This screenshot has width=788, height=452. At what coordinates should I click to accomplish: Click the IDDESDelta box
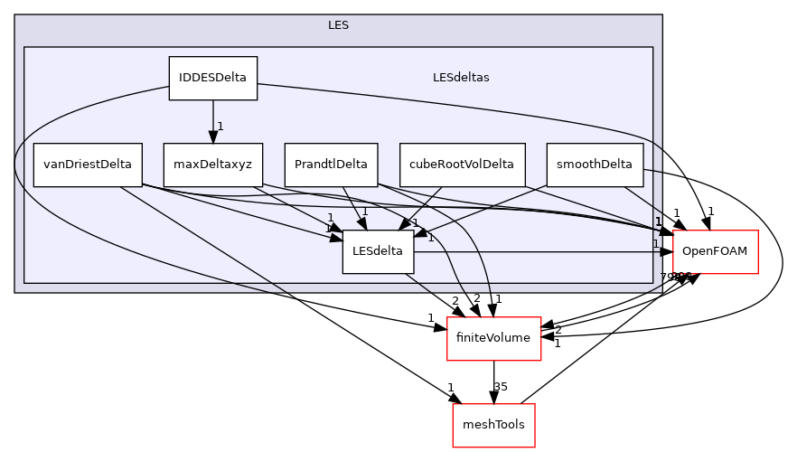coord(213,78)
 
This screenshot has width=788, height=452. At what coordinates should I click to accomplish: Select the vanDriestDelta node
coord(88,165)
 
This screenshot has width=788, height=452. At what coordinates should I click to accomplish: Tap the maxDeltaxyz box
coord(213,165)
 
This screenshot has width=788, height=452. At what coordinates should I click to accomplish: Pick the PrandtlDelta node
coord(332,165)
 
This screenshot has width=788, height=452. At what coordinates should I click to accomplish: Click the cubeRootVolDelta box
coord(462,165)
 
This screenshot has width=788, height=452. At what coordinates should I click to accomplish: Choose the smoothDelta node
coord(595,165)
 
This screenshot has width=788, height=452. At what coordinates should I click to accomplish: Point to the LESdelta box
coord(378,251)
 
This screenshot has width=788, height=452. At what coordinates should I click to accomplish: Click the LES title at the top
coord(338,25)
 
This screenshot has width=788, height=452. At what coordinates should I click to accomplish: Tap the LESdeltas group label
coord(461,78)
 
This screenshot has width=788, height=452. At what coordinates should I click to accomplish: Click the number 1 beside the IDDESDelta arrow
coord(220,126)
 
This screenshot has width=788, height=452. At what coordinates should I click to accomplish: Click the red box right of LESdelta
coord(715,252)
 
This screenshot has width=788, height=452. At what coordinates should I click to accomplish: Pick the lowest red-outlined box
coord(493,425)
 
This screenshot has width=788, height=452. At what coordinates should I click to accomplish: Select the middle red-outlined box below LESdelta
coord(493,339)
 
